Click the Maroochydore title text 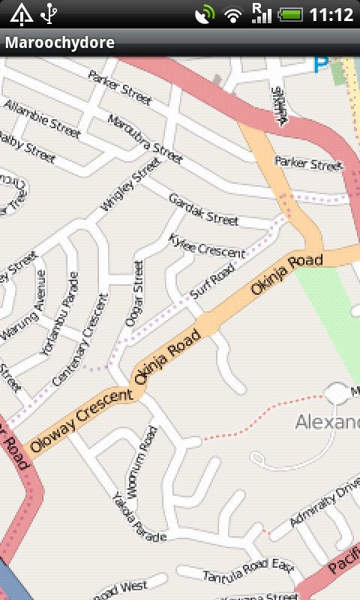[60, 43]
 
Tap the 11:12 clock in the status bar [331, 13]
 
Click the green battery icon [290, 13]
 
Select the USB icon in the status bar [49, 13]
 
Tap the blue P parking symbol [321, 66]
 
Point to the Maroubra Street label [145, 139]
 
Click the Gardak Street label [203, 209]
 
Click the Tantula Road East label [247, 570]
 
